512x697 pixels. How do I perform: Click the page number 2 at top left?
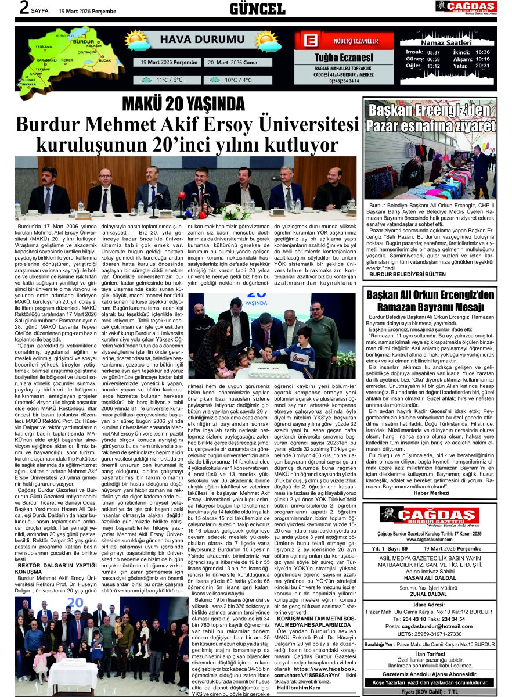[24, 8]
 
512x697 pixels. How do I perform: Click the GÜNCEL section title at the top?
[257, 8]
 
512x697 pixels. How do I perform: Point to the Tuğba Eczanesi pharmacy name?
[344, 58]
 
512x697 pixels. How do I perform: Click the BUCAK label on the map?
[105, 60]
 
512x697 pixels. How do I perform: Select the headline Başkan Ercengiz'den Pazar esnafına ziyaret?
[430, 118]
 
